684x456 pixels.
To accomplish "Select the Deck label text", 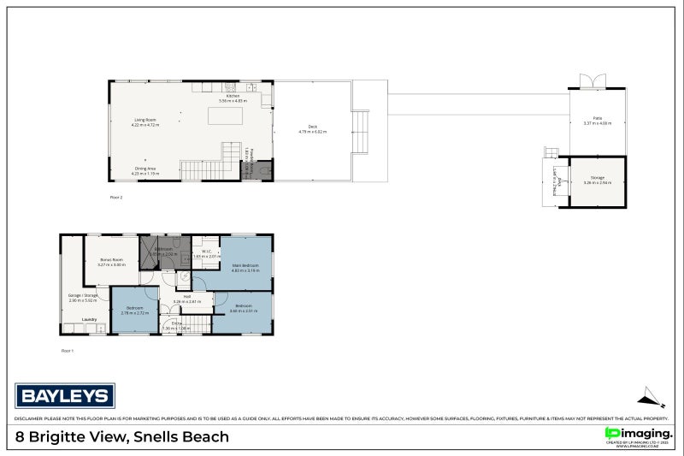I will pos(312,128).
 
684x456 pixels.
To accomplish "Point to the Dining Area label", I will pos(144,169).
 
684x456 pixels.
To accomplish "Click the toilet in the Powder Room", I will pos(265,171).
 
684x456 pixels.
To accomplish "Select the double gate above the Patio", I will pos(591,81).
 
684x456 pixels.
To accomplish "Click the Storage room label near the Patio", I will pos(597,180).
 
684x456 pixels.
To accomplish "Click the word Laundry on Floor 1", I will pos(89,320).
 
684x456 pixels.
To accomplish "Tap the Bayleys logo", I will pos(65,395).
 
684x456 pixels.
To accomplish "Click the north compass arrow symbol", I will pos(650,396).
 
